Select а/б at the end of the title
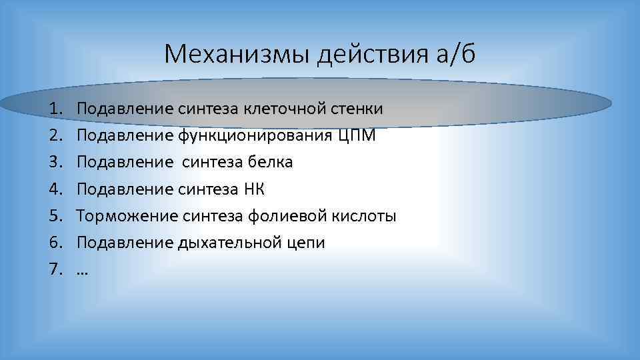(x=455, y=54)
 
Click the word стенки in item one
(x=359, y=109)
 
